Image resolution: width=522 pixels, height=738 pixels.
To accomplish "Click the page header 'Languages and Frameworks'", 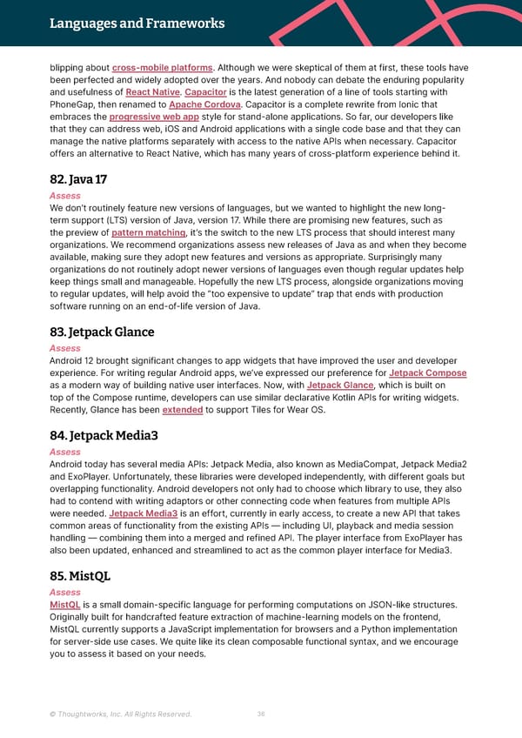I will [137, 23].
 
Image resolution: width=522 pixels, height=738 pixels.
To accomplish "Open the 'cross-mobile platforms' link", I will [163, 68].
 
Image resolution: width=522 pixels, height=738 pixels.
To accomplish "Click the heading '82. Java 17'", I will [80, 180].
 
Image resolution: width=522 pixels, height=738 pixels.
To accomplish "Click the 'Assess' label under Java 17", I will [65, 196].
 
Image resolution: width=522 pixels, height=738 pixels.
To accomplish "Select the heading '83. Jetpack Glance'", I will [102, 332].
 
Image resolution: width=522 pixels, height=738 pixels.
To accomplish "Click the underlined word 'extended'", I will [183, 410].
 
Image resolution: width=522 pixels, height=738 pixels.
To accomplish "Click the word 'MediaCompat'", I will [336, 465].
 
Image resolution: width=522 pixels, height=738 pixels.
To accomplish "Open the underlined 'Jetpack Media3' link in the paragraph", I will [144, 514].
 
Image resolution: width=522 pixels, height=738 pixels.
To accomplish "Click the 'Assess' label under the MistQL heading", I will [65, 592].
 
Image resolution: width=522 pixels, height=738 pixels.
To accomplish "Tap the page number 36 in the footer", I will [261, 715].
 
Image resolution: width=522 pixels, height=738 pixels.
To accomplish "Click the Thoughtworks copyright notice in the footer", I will [121, 715].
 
